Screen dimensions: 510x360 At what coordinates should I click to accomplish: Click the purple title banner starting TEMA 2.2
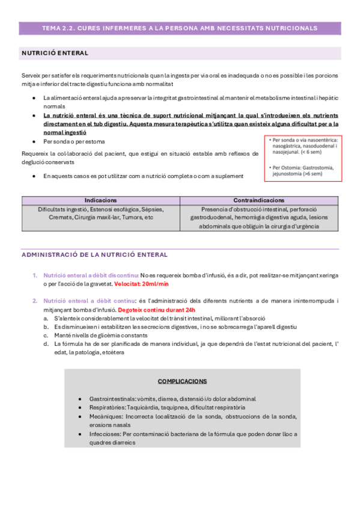180,28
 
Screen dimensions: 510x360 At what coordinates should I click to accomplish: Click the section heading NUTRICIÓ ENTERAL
55,53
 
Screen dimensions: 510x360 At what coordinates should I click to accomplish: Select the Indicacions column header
100,200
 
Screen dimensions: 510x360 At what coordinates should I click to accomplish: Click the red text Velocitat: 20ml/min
142,283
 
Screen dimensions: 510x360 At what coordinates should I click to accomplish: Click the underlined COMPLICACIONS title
182,381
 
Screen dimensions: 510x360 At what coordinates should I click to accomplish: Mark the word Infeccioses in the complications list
104,433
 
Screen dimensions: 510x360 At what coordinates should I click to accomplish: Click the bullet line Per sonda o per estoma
73,141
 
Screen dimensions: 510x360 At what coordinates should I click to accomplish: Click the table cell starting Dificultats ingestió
100,213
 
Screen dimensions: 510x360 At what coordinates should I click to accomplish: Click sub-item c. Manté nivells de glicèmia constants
106,335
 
